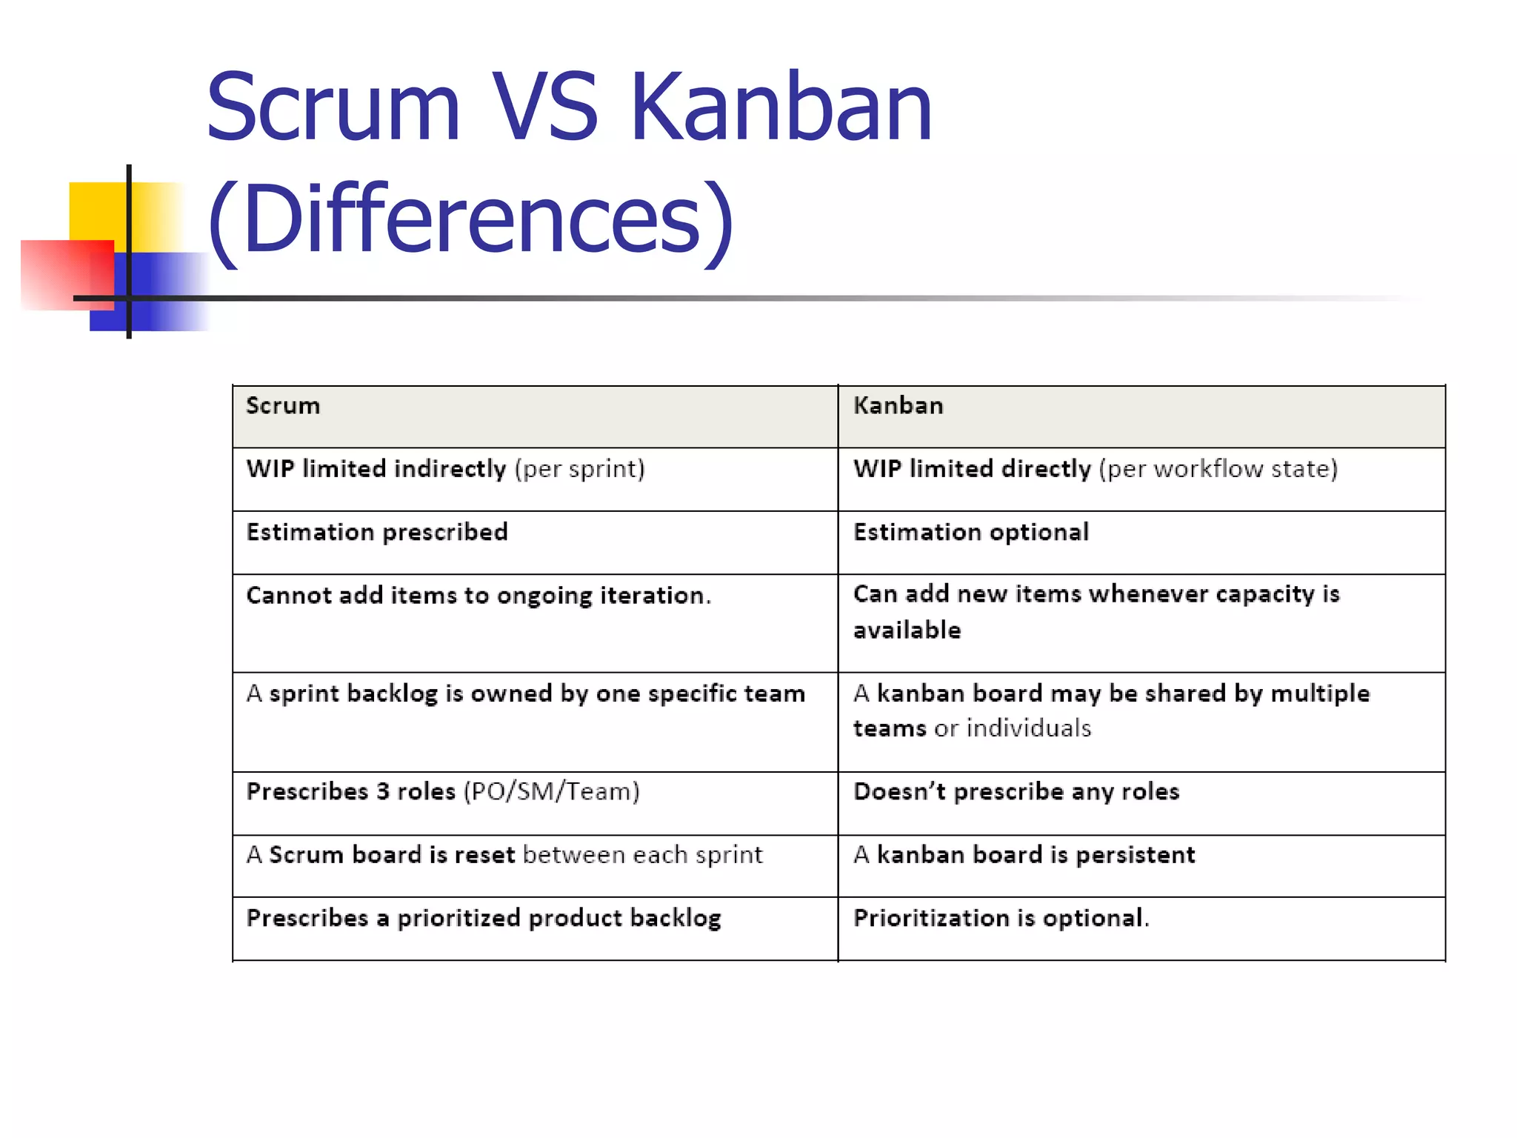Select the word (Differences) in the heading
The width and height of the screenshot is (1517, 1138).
click(x=471, y=220)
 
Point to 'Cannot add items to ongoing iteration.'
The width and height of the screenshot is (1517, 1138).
click(x=479, y=596)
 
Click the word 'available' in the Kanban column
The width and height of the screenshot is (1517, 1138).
click(x=907, y=630)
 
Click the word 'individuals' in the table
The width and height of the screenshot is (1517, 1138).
click(x=1029, y=728)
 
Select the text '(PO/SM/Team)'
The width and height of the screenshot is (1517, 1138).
click(x=551, y=792)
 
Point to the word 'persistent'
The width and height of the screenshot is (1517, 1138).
click(x=1135, y=855)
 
